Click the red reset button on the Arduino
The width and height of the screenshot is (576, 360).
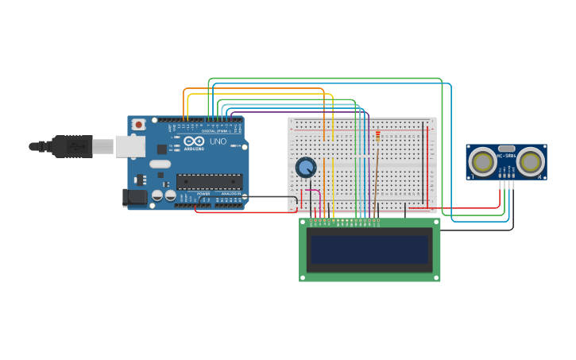click(139, 124)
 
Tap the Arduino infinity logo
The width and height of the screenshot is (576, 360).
click(194, 141)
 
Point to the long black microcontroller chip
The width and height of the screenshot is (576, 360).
click(209, 182)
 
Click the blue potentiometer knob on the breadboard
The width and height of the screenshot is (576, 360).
click(306, 167)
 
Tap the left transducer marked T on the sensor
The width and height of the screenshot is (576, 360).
click(482, 162)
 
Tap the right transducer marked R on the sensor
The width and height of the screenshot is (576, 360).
click(531, 162)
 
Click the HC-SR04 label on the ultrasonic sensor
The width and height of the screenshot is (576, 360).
click(506, 156)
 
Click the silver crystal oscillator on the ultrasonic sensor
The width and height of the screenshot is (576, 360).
click(506, 148)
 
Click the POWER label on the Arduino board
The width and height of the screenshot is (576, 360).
click(203, 193)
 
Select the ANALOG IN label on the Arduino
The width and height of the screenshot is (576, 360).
click(230, 193)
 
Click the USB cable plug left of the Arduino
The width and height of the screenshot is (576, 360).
click(72, 146)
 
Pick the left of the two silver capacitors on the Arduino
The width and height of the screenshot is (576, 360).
click(157, 195)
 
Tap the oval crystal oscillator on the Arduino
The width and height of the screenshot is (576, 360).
click(160, 164)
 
